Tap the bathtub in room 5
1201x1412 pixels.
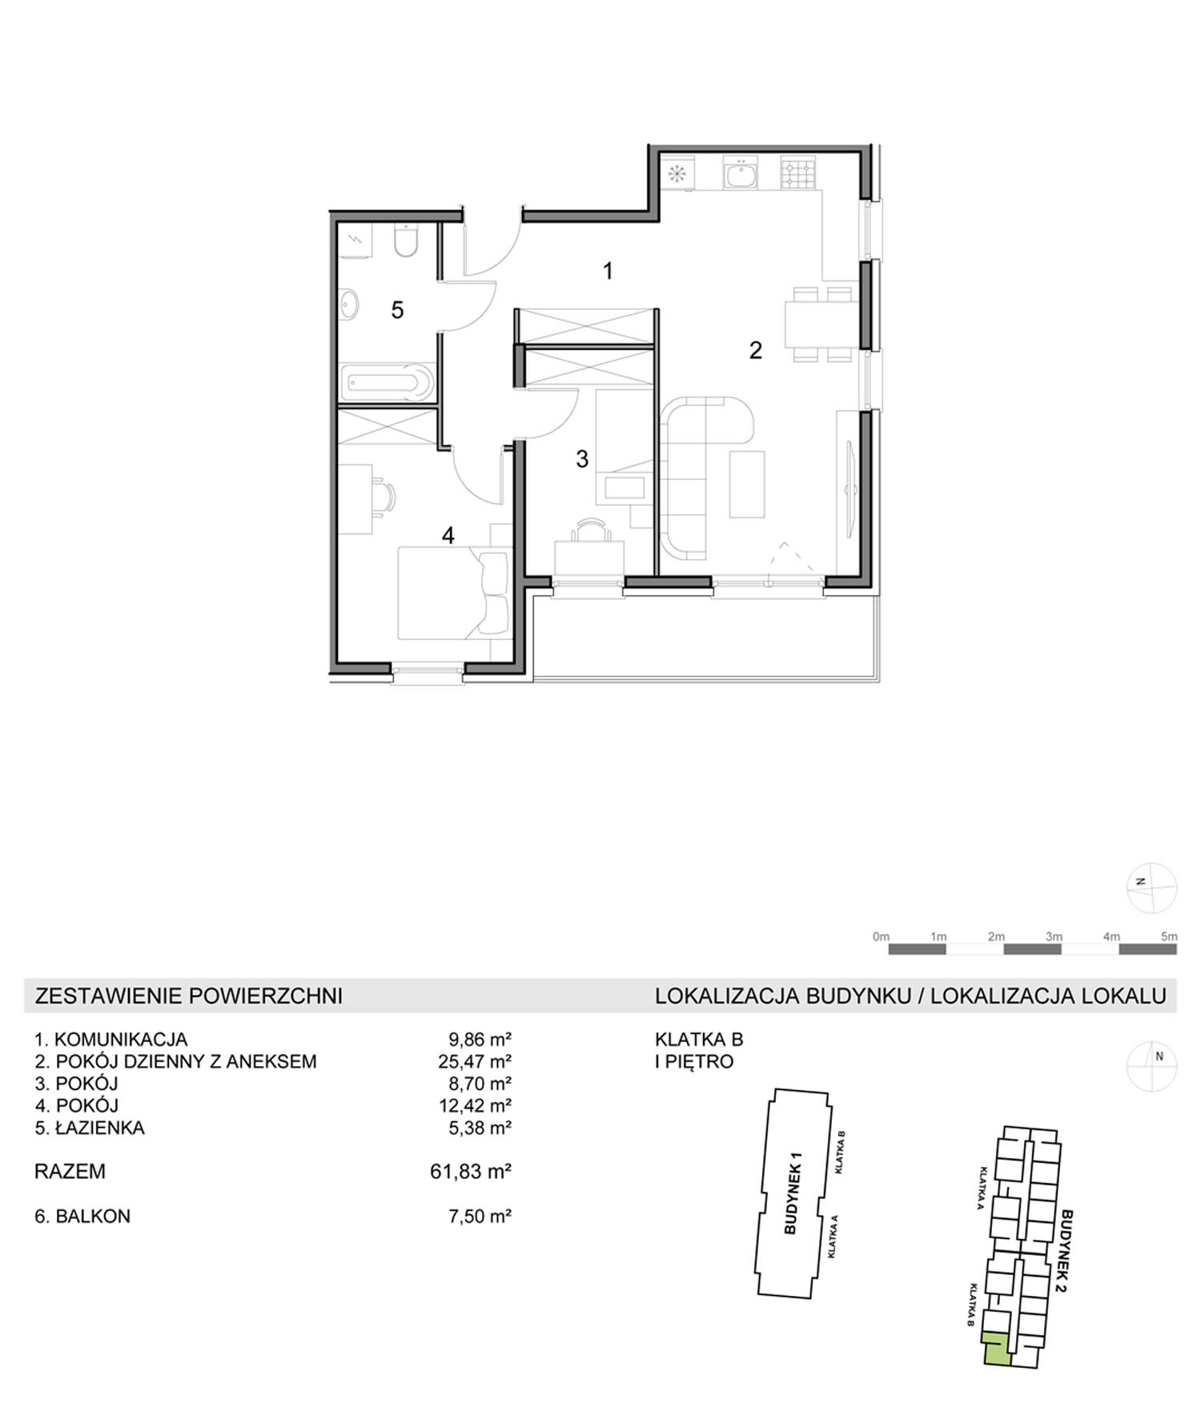pos(388,383)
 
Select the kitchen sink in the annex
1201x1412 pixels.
pos(741,173)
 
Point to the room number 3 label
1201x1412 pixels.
pos(582,459)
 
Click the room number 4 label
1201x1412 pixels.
pos(448,535)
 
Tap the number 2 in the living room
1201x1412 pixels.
pos(755,350)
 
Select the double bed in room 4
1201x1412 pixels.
pos(454,592)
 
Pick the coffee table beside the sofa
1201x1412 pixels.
pos(747,483)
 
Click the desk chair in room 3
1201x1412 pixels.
pos(589,529)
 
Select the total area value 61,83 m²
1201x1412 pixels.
pos(471,1172)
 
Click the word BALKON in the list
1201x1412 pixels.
pos(93,1216)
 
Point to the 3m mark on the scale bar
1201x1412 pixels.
pos(1054,936)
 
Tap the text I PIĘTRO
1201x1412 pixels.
pos(694,1062)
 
